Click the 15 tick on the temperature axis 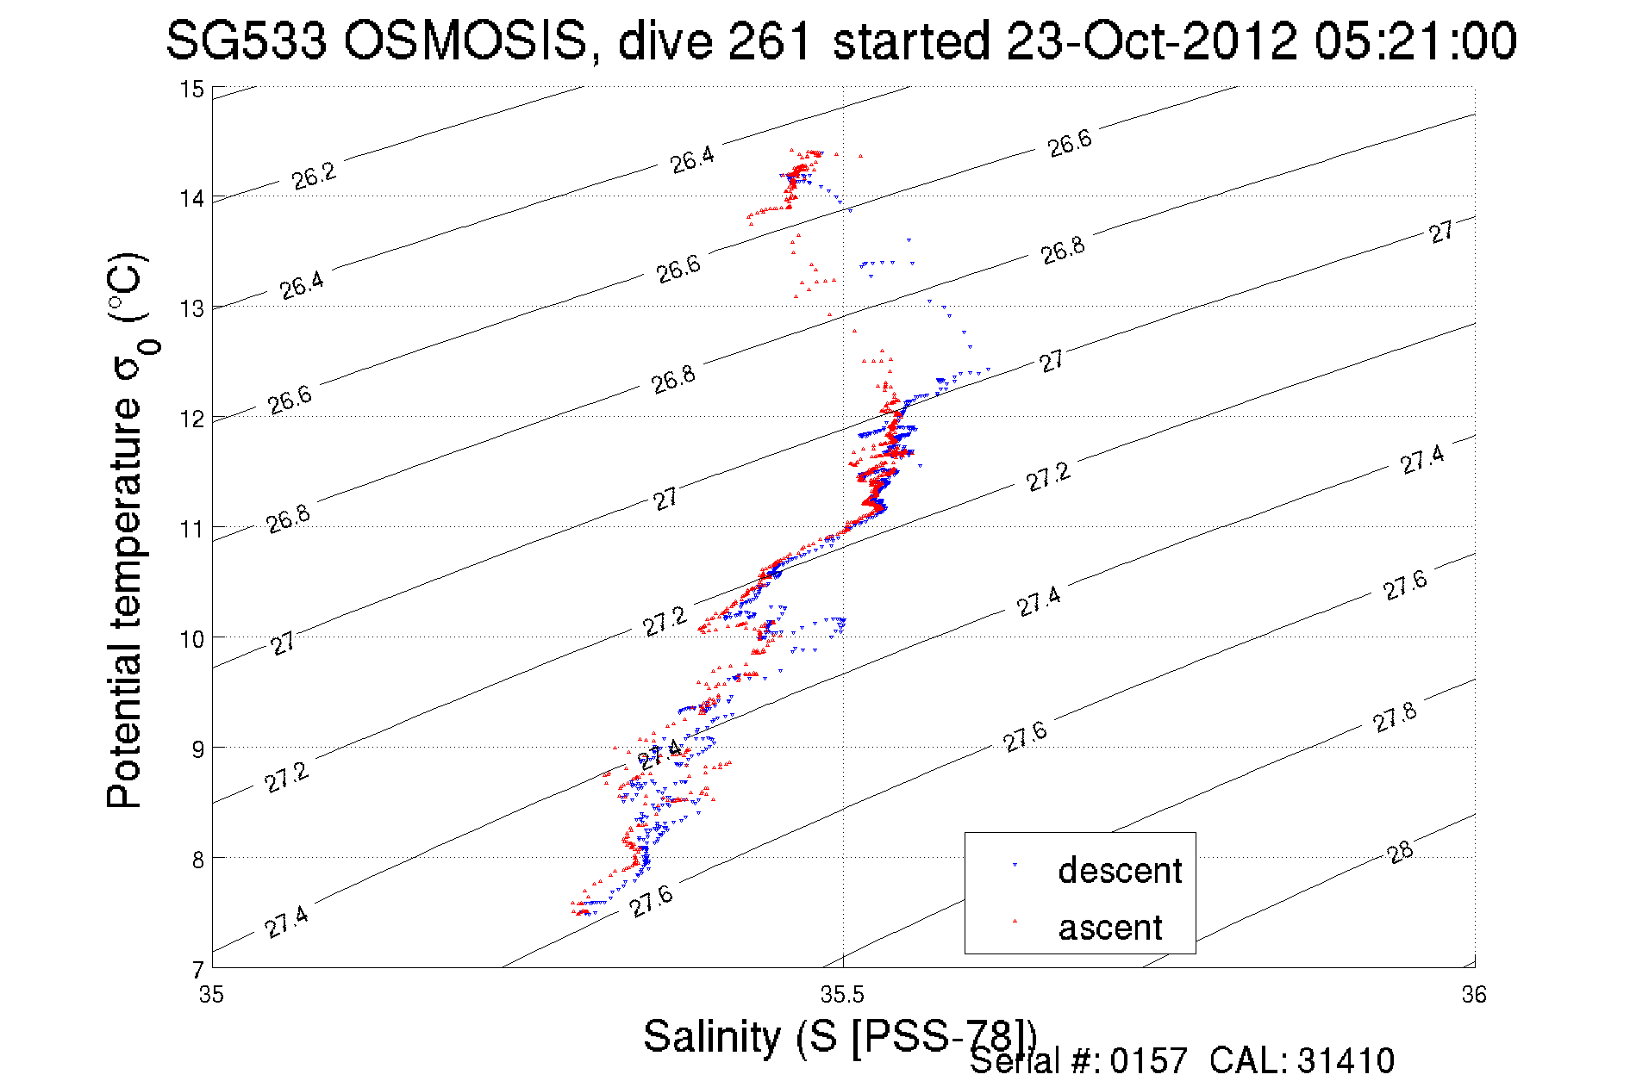point(191,90)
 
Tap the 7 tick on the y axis point(197,970)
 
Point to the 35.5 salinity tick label point(842,996)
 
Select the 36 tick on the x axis point(1474,996)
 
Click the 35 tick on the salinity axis point(211,996)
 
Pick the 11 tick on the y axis point(191,529)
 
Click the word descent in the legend point(1120,871)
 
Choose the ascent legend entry point(1110,928)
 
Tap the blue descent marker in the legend point(1015,865)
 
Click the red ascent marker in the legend point(1015,922)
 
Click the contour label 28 point(1400,853)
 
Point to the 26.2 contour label point(314,176)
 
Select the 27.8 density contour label point(1394,717)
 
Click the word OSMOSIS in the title point(465,40)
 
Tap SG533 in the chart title point(247,40)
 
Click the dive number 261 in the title point(770,40)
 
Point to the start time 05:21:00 point(1415,40)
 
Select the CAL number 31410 point(1346,1061)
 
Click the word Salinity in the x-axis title point(712,1036)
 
